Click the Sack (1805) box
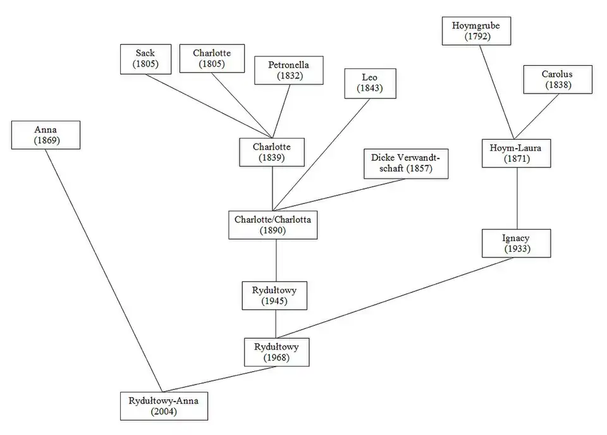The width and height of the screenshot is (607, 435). (145, 59)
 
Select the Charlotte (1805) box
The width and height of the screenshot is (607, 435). (212, 59)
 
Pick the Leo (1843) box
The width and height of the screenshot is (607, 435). (370, 83)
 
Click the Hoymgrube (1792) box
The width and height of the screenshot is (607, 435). (476, 31)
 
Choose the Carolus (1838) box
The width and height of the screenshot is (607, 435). (557, 80)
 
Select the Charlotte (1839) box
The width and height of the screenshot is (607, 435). (272, 152)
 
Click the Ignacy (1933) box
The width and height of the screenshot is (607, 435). (517, 243)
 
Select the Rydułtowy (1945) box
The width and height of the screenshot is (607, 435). (275, 295)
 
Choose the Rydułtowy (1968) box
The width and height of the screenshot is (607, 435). (276, 352)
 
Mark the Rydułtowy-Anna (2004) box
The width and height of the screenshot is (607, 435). (164, 406)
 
